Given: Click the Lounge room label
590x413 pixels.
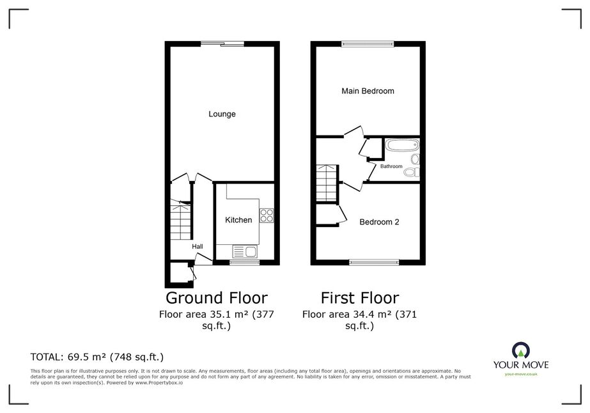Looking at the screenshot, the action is click(x=222, y=114).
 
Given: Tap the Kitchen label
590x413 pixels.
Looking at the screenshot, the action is click(x=238, y=220).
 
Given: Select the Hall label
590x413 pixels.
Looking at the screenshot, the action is click(x=198, y=247).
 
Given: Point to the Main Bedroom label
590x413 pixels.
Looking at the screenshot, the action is click(x=368, y=91).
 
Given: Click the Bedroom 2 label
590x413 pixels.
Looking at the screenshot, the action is click(x=379, y=222).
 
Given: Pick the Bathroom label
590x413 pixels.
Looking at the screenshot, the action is click(x=391, y=166).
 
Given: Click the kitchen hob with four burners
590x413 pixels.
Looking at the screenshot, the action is click(x=267, y=215).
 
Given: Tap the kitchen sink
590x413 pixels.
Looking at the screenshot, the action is click(x=245, y=251).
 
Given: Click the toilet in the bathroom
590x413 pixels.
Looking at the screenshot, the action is click(x=412, y=172).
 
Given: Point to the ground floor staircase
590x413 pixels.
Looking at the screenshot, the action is click(x=181, y=220).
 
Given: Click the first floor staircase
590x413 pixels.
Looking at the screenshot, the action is click(x=326, y=183).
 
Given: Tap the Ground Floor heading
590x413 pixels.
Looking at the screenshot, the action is click(x=216, y=298).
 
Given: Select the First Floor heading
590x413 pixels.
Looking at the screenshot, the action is click(x=360, y=298).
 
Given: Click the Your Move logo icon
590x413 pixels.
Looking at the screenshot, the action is click(x=521, y=351).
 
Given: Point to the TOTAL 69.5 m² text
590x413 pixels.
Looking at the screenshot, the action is click(x=97, y=357).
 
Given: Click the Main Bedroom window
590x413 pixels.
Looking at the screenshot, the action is click(x=368, y=44).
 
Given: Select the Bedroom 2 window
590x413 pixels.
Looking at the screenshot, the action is click(x=374, y=262).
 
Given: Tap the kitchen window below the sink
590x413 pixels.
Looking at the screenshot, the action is click(x=245, y=262).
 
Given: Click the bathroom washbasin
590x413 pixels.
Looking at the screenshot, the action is click(x=415, y=159).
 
